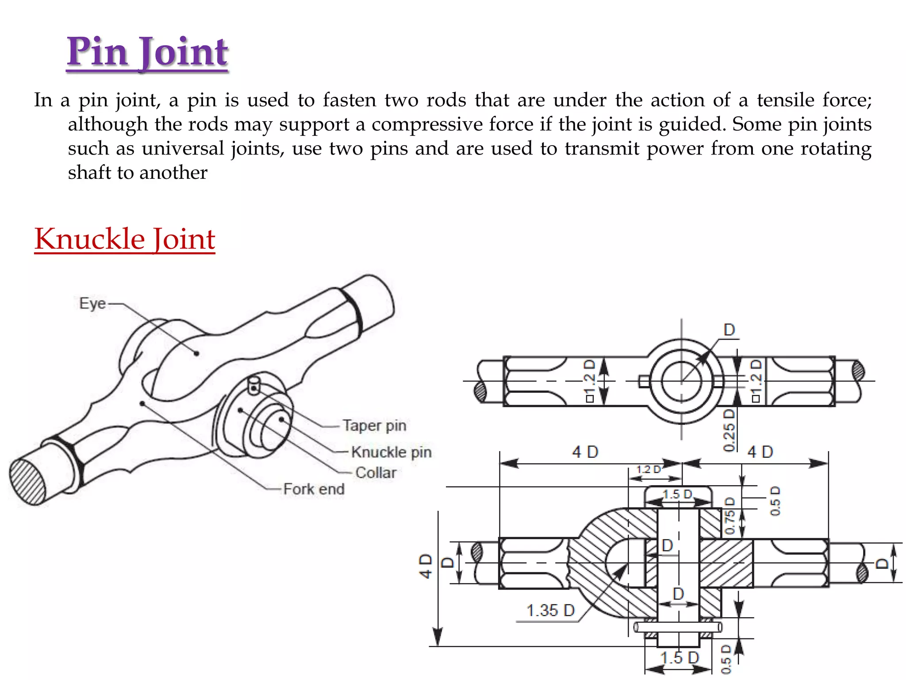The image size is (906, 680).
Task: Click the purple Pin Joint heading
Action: click(x=147, y=52)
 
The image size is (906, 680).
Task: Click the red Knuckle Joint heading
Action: click(x=125, y=240)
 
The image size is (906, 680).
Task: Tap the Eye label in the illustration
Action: click(x=92, y=304)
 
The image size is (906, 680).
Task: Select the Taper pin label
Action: click(x=374, y=425)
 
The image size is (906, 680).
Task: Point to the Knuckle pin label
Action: click(x=391, y=452)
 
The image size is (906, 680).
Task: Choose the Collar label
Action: click(x=376, y=472)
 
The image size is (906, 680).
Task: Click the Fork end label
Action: click(x=314, y=489)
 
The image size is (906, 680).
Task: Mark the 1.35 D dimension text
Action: click(x=550, y=610)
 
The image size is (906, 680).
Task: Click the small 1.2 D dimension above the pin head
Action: click(x=648, y=469)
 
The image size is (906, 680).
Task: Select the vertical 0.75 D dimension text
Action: click(x=730, y=516)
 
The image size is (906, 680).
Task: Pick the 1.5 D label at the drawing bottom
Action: click(x=679, y=658)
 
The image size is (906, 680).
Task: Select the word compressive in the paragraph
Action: click(x=428, y=124)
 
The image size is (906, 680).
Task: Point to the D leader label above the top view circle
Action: click(x=729, y=330)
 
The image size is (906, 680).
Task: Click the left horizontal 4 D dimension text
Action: click(x=585, y=452)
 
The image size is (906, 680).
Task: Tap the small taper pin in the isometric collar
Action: click(x=253, y=385)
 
